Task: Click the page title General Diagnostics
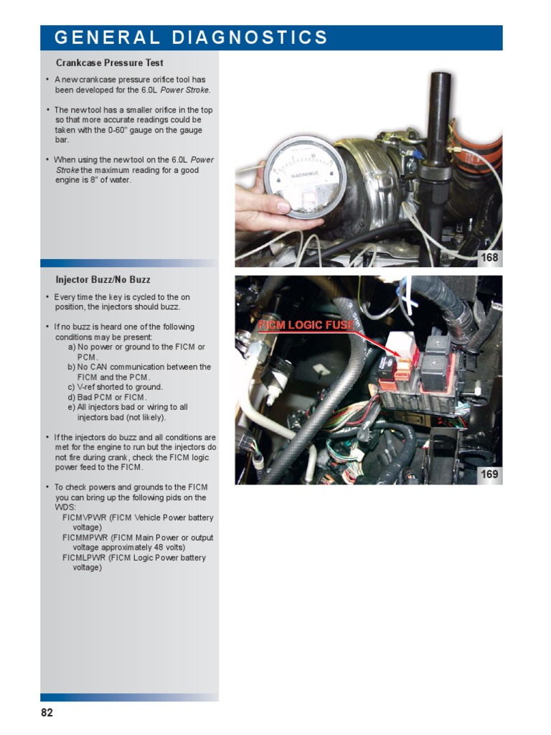[x=191, y=38]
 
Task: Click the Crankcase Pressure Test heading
[x=110, y=63]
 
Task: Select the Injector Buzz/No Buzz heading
[x=103, y=279]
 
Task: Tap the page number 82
[x=47, y=713]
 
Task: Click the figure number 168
[x=489, y=258]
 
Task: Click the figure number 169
[x=489, y=474]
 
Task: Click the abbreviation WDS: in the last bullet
[x=66, y=507]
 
